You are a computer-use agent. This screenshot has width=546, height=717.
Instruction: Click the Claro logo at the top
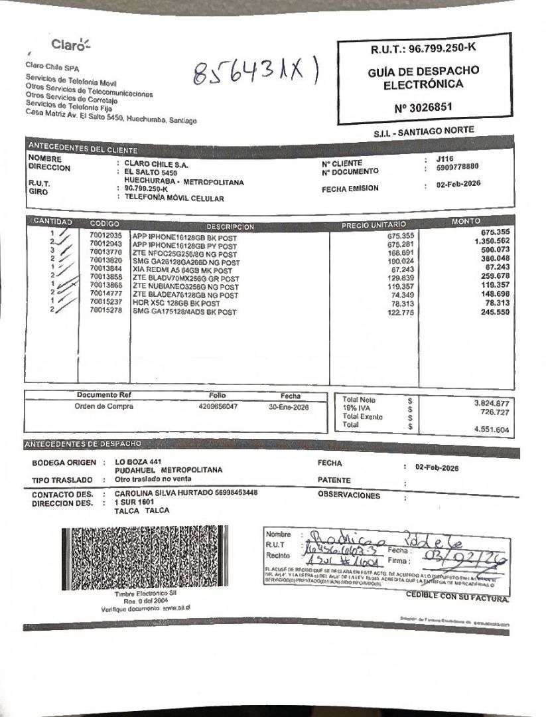(70, 45)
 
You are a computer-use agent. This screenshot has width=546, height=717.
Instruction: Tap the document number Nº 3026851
(423, 107)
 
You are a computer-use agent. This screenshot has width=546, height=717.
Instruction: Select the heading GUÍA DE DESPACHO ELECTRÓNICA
(423, 78)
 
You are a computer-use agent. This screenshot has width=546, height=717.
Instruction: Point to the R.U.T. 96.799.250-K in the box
(423, 48)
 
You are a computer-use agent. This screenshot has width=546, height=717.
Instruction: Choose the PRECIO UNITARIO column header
(374, 225)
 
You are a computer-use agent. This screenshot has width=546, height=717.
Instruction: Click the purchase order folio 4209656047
(218, 406)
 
